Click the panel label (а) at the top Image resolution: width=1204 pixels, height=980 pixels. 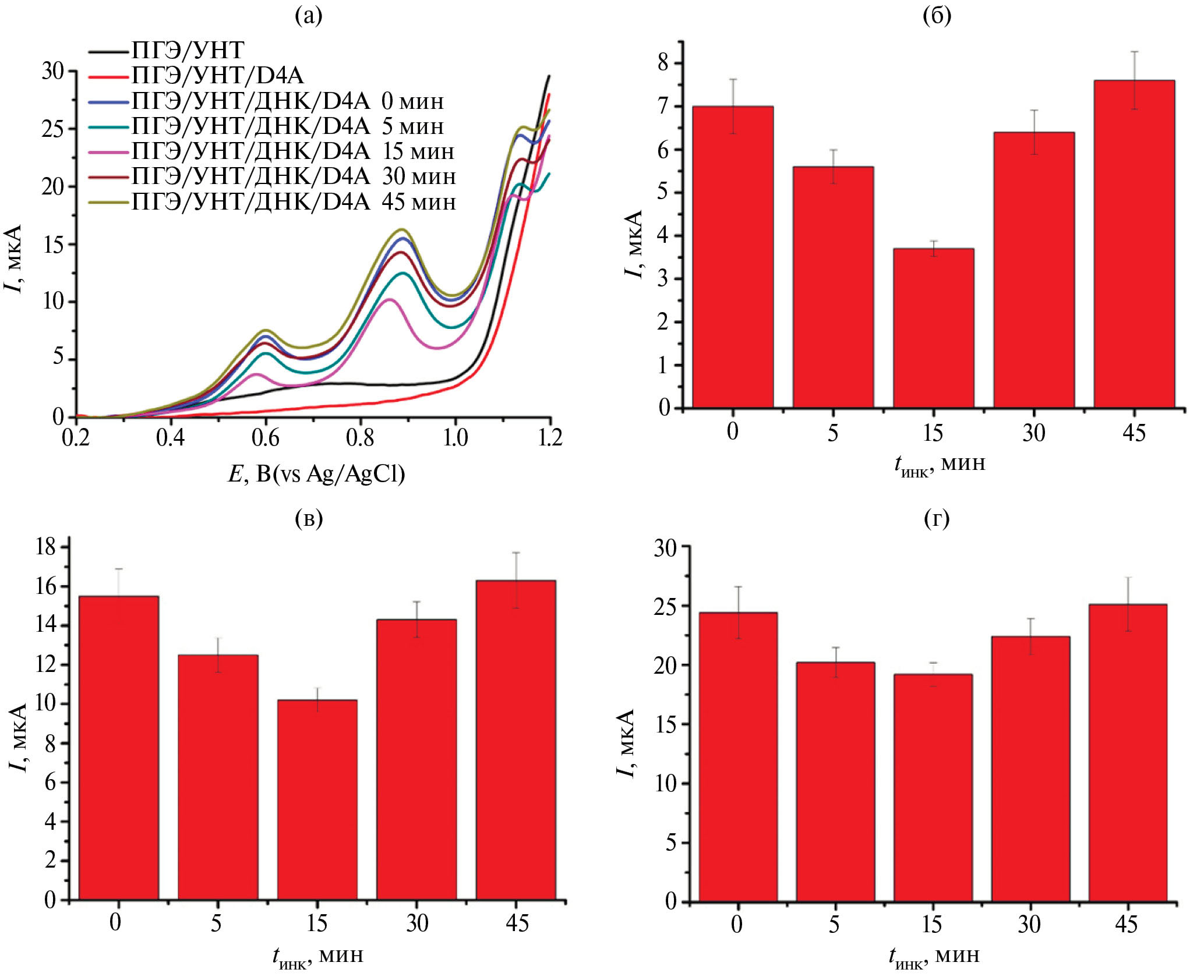pos(308,16)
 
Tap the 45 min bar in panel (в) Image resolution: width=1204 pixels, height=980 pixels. pos(516,740)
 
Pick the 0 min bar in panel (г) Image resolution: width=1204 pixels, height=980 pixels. pos(737,757)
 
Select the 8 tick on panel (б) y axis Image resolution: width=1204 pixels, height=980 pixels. pos(664,62)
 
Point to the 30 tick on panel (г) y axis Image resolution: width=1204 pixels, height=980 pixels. pos(665,548)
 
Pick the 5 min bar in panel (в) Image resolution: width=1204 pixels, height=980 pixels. pos(218,777)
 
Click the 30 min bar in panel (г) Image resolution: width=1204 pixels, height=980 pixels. pos(1030,769)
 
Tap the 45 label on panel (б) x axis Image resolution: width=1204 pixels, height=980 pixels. pos(1134,433)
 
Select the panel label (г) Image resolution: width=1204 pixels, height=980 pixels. pos(937,518)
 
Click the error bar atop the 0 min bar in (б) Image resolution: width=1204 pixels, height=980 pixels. pos(733,106)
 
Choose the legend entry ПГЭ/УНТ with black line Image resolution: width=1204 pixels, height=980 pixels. pos(186,51)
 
